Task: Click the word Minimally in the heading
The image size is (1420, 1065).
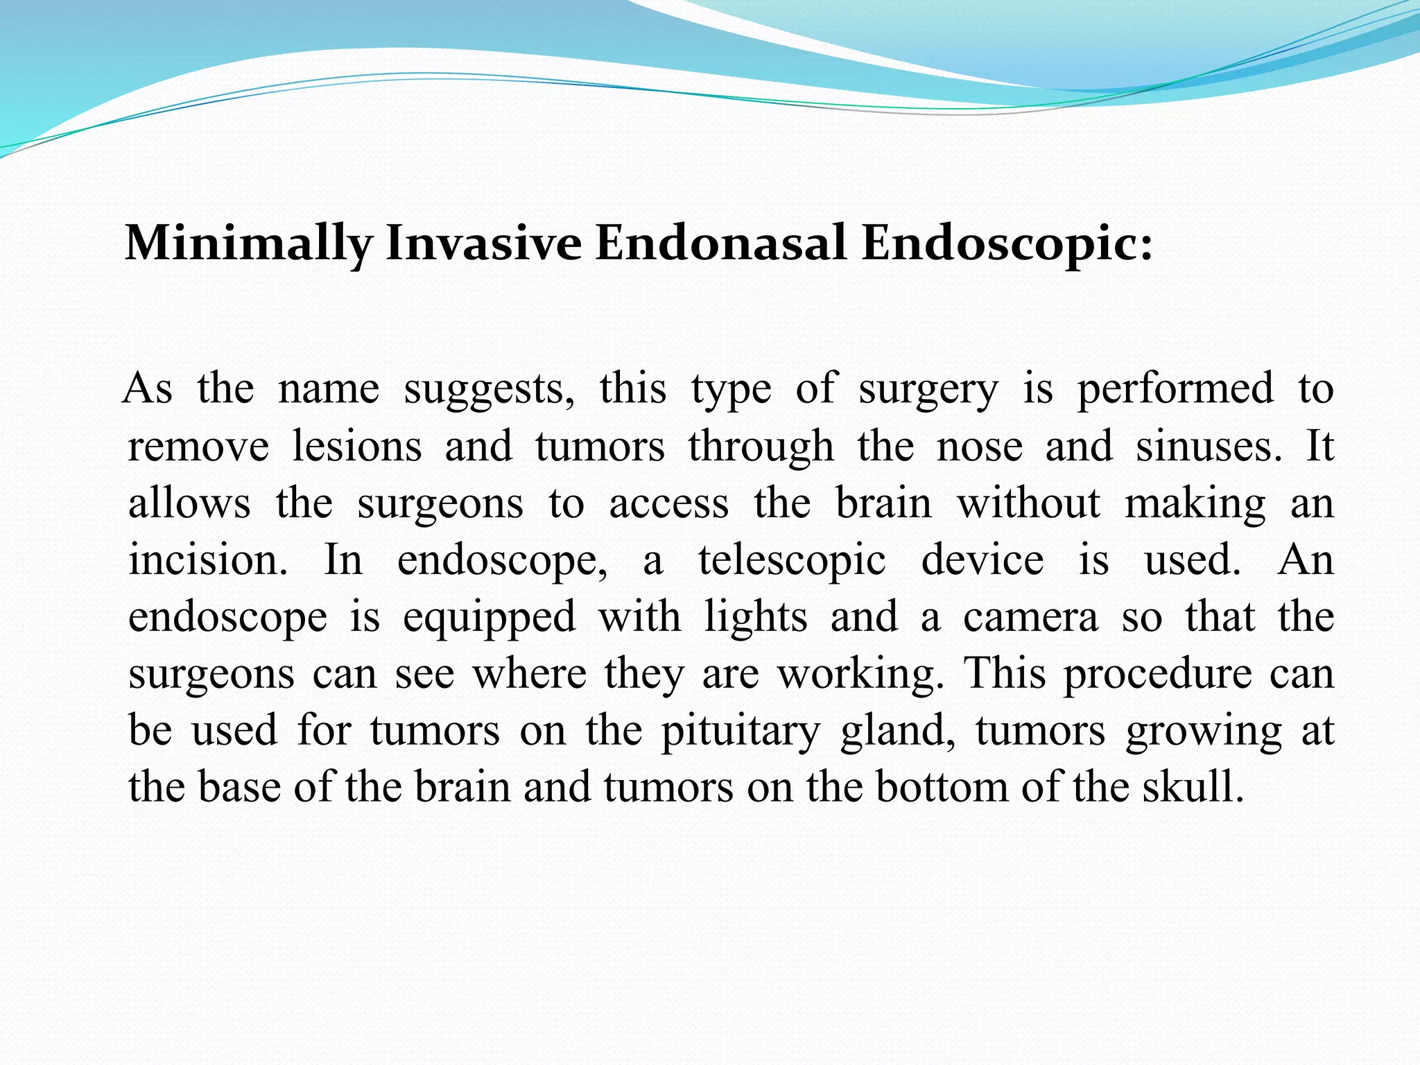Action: pos(248,244)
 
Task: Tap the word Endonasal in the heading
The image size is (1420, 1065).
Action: pos(720,244)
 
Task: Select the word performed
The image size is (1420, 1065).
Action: pos(1175,388)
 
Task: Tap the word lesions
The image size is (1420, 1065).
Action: pos(356,446)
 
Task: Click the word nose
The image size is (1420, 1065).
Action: pos(979,446)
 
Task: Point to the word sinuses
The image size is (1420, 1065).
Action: pos(1209,446)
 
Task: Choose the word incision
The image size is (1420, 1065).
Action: pos(207,560)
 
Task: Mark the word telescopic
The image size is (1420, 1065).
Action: pos(792,561)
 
